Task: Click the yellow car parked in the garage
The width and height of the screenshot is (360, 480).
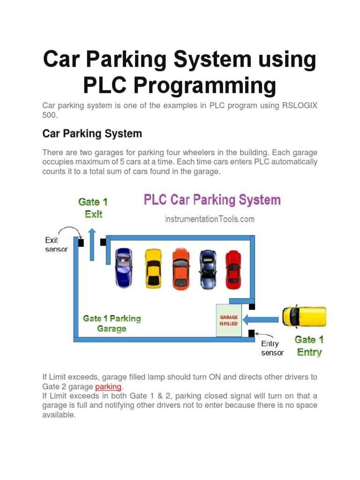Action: [x=153, y=268]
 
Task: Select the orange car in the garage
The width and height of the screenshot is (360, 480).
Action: [x=181, y=268]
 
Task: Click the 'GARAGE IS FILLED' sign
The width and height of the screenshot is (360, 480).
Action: [x=229, y=320]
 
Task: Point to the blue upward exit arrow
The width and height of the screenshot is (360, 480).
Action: [x=92, y=244]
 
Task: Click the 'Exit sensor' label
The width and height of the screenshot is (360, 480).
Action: [x=56, y=244]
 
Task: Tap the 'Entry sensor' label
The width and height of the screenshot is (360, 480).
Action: [x=272, y=348]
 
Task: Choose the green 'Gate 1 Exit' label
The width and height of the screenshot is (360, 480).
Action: [x=93, y=208]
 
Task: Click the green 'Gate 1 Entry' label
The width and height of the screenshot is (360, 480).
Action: [x=309, y=345]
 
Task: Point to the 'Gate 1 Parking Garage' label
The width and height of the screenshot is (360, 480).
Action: [x=112, y=323]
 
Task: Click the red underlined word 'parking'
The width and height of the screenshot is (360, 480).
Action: [x=108, y=387]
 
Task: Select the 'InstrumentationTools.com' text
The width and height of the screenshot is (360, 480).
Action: [x=209, y=218]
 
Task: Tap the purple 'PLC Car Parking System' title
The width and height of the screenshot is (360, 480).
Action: [x=212, y=200]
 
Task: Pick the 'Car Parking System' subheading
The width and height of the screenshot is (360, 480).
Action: [x=92, y=134]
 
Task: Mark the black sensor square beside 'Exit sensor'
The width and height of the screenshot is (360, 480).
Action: [x=81, y=243]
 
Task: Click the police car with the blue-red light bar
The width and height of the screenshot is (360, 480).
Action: [x=124, y=268]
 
